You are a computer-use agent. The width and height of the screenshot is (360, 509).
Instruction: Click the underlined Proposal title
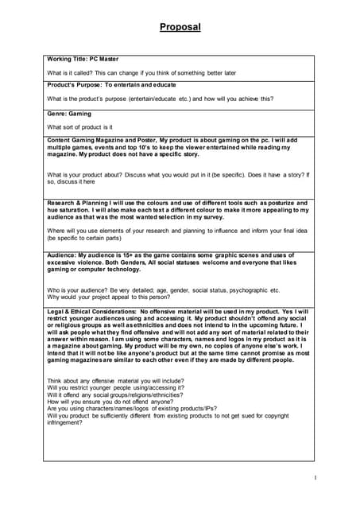point(180,27)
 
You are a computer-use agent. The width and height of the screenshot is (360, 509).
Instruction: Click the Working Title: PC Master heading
point(84,60)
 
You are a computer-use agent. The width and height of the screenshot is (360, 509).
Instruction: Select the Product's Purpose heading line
point(111,84)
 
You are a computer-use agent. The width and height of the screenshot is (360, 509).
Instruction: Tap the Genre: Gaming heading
point(69,114)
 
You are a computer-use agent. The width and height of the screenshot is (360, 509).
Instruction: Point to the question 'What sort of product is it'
point(79,126)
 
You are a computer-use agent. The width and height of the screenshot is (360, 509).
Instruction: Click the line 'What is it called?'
point(141,72)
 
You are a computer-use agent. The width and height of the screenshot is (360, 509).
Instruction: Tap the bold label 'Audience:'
point(67,254)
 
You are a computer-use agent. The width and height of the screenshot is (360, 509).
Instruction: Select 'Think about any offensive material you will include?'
point(116,381)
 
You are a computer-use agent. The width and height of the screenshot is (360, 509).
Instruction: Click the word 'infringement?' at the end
point(65,422)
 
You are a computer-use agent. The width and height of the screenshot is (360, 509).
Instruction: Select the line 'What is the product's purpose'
point(159,99)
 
